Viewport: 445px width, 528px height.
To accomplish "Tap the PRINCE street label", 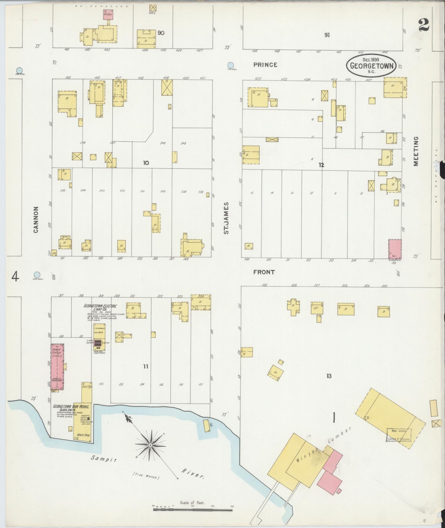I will point(265,65).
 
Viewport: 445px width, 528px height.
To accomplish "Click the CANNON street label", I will point(36,220).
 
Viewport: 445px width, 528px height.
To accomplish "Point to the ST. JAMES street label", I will point(227,218).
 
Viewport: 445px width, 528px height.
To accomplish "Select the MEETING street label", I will point(416,151).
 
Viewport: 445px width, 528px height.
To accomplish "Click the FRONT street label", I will point(264,272).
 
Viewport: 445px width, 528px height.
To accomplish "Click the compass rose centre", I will point(150,445).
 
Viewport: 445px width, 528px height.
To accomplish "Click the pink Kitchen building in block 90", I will point(108,14).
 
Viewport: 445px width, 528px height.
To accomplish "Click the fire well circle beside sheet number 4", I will point(37,275).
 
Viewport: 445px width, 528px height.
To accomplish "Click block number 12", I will point(321,165).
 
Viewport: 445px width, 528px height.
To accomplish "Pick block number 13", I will point(329,376).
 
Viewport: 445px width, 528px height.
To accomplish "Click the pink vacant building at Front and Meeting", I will point(395,249).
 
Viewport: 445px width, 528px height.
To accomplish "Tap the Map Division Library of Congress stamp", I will point(399,435).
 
